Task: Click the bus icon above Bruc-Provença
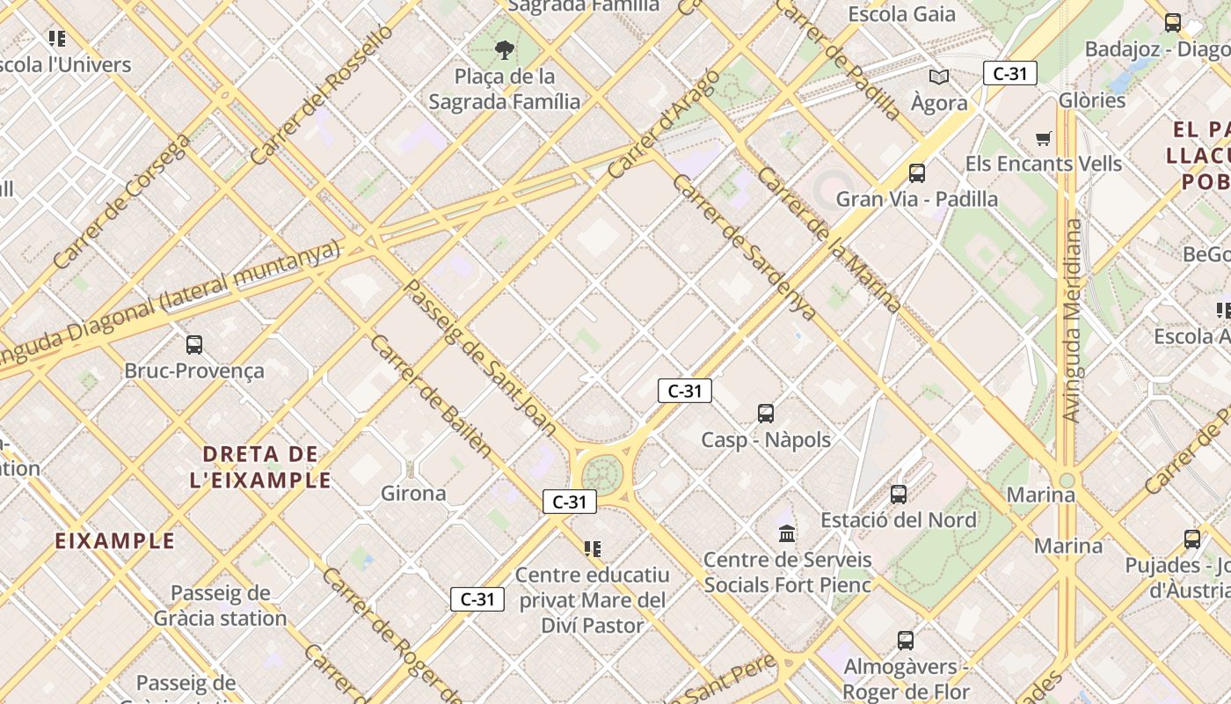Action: coord(194,345)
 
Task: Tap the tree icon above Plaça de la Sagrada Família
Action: coord(505,49)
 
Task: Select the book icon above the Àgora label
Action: coord(939,77)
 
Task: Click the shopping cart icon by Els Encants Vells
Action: coord(1044,138)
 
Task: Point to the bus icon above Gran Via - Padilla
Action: coord(917,172)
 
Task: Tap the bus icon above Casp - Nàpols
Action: coord(766,413)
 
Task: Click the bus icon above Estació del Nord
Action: coord(899,494)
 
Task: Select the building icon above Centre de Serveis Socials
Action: coord(787,533)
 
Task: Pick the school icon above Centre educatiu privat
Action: coord(593,549)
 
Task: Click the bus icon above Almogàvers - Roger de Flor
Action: coord(906,641)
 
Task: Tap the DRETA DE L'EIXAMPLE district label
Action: coord(261,467)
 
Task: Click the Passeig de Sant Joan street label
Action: coord(479,357)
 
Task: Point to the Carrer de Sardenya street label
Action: coord(744,247)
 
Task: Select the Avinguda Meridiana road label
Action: coord(1071,320)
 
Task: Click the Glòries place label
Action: coord(1092,100)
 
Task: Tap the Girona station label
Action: coord(413,494)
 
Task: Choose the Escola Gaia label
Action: coord(901,14)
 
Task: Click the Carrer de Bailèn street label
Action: coord(430,395)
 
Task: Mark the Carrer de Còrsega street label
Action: coord(120,202)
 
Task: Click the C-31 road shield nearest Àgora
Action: coord(1009,74)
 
